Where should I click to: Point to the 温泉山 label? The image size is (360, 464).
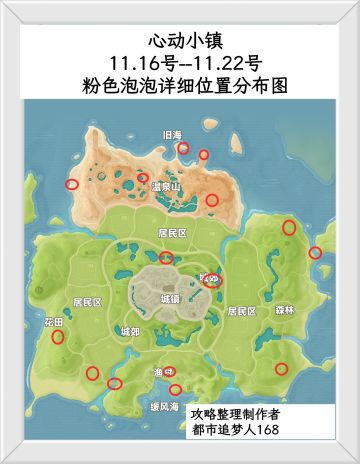(x=165, y=187)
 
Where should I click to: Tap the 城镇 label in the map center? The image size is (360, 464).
(x=171, y=298)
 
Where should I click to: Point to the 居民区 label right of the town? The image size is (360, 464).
(x=241, y=311)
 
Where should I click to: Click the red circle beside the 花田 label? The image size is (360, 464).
(x=57, y=336)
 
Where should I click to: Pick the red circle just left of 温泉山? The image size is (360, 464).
(x=143, y=177)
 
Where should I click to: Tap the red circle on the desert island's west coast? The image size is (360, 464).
(x=71, y=184)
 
